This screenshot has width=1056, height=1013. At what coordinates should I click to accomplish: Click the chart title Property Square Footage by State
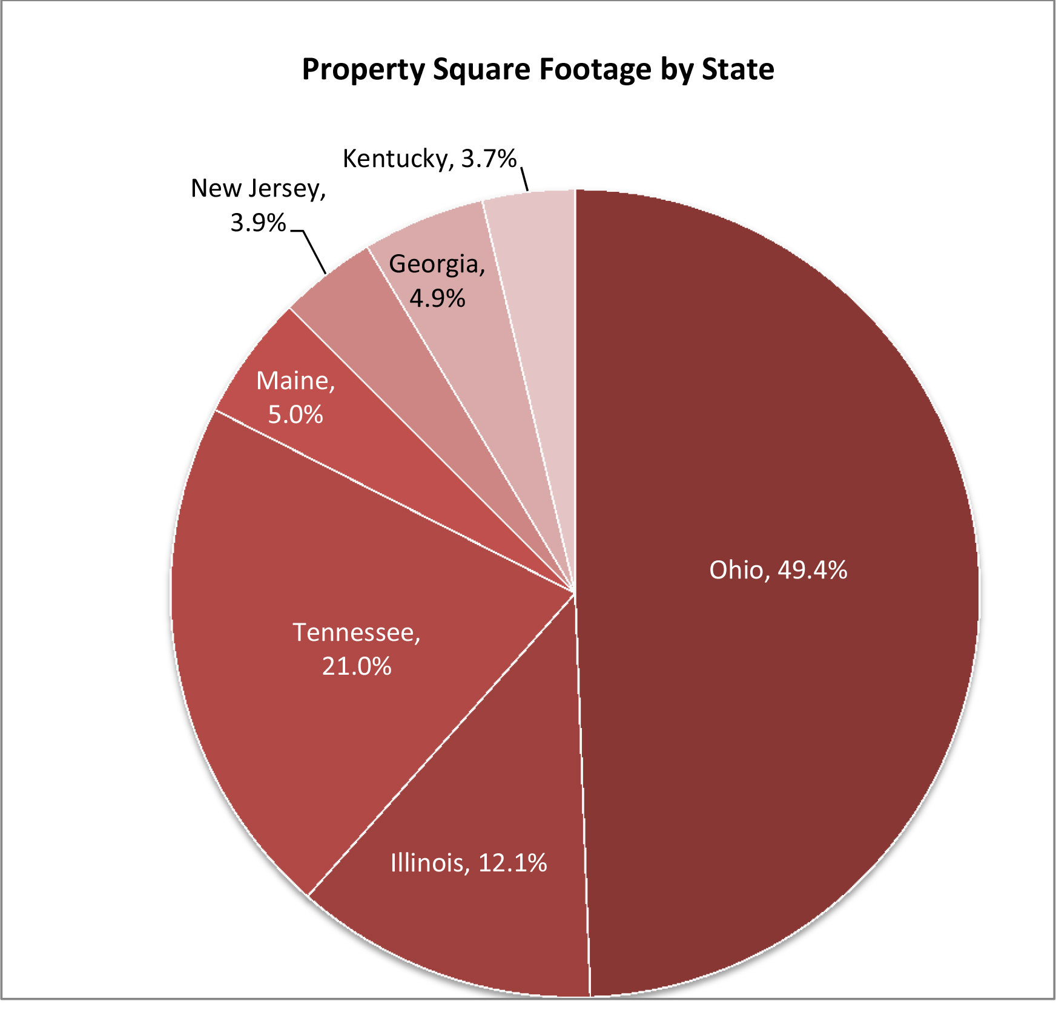point(538,69)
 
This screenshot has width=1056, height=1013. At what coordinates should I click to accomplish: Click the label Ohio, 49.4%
point(778,570)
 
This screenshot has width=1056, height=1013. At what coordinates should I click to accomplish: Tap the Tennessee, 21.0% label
point(357,649)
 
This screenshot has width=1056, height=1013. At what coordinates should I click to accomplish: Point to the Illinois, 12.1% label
point(469,862)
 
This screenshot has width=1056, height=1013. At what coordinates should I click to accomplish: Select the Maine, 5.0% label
point(295,398)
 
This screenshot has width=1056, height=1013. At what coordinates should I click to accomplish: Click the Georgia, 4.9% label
point(437,281)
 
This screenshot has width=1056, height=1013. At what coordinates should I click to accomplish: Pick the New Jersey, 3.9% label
point(259,205)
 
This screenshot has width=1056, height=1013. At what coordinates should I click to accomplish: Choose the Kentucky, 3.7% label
point(429,159)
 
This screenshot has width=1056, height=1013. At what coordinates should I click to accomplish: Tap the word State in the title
point(738,69)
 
